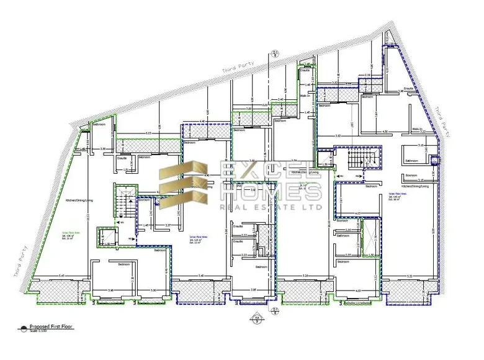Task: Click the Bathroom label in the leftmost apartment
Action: point(99,125)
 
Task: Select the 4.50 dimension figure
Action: point(385,132)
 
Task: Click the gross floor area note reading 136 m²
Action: point(68,236)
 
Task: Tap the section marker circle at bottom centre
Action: point(254,320)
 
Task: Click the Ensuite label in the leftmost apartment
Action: point(122,158)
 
